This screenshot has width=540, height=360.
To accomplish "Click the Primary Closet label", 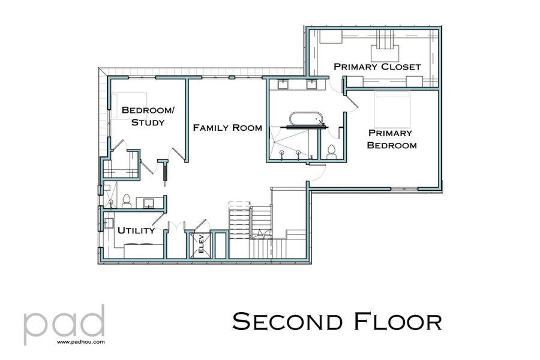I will click(377, 67).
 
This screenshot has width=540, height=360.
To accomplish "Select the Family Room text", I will click(227, 127).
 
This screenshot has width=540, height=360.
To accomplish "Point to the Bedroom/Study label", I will click(143, 116).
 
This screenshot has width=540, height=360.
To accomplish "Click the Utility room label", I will click(136, 230).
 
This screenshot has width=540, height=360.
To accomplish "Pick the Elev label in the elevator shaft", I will click(201, 245).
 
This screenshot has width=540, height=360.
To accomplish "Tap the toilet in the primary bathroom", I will click(331, 151).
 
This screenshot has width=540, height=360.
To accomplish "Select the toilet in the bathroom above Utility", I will click(127, 201).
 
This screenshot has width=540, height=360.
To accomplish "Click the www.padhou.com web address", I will click(82, 342).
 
